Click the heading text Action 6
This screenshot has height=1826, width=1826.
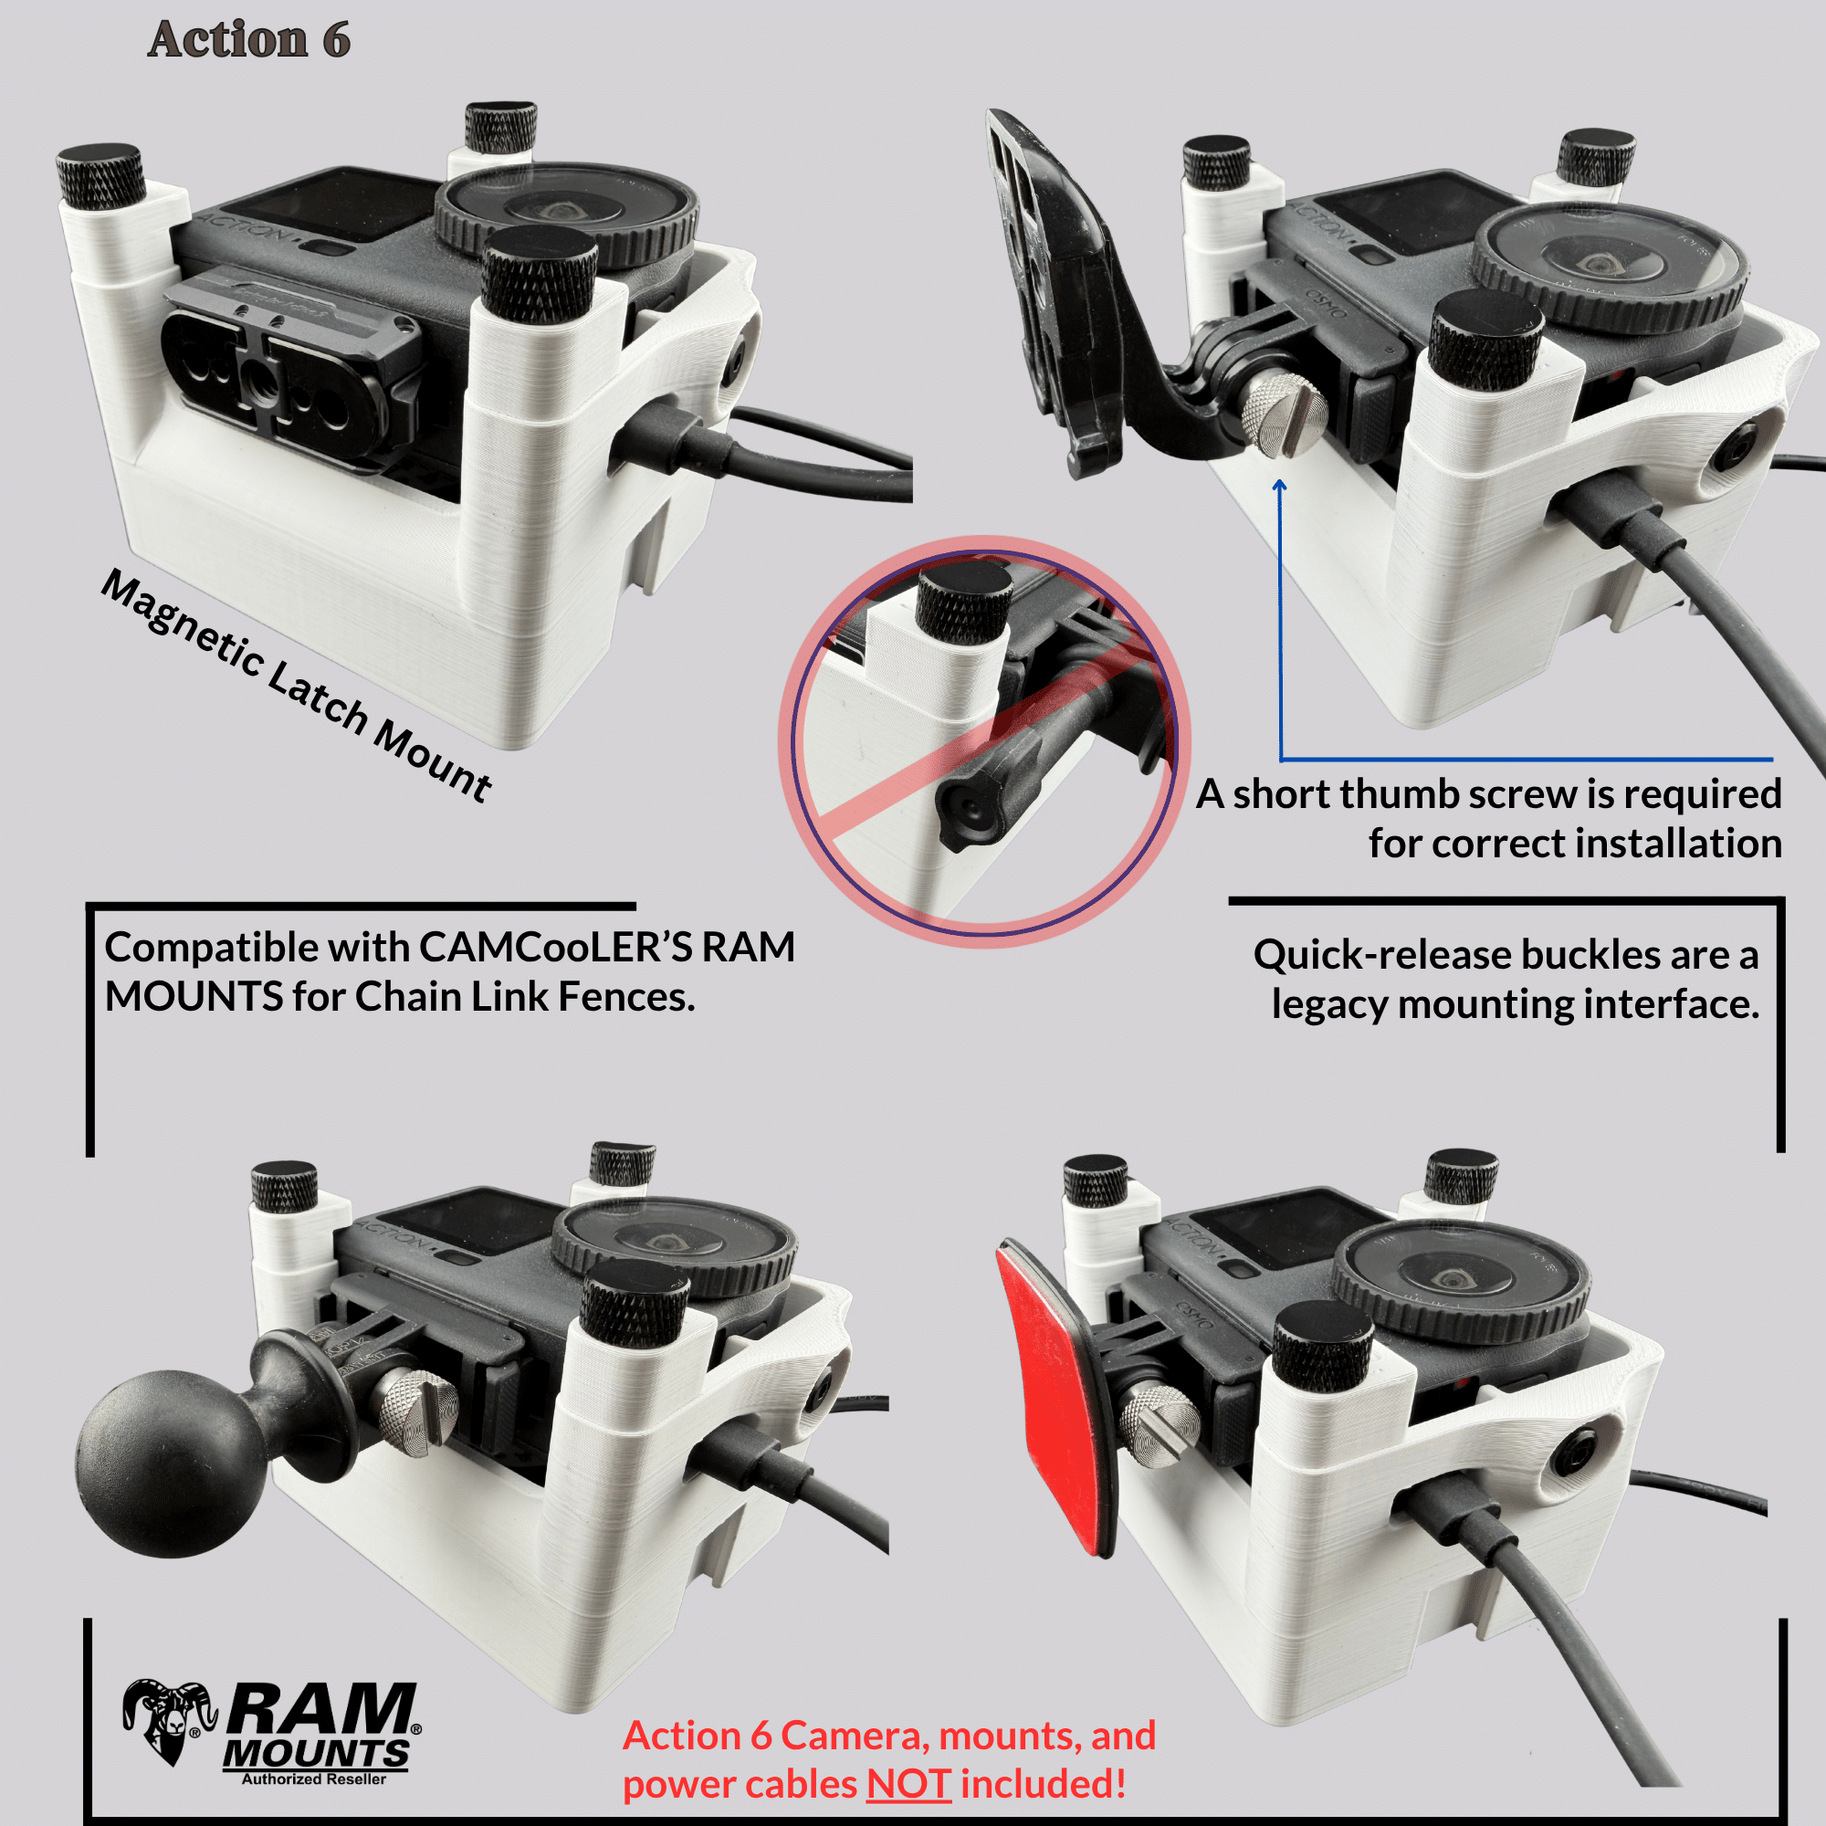click(248, 39)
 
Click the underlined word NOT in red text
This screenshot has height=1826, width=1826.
click(908, 1784)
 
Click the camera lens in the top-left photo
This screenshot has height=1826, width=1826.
click(567, 219)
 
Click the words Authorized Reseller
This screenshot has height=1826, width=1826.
click(314, 1779)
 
